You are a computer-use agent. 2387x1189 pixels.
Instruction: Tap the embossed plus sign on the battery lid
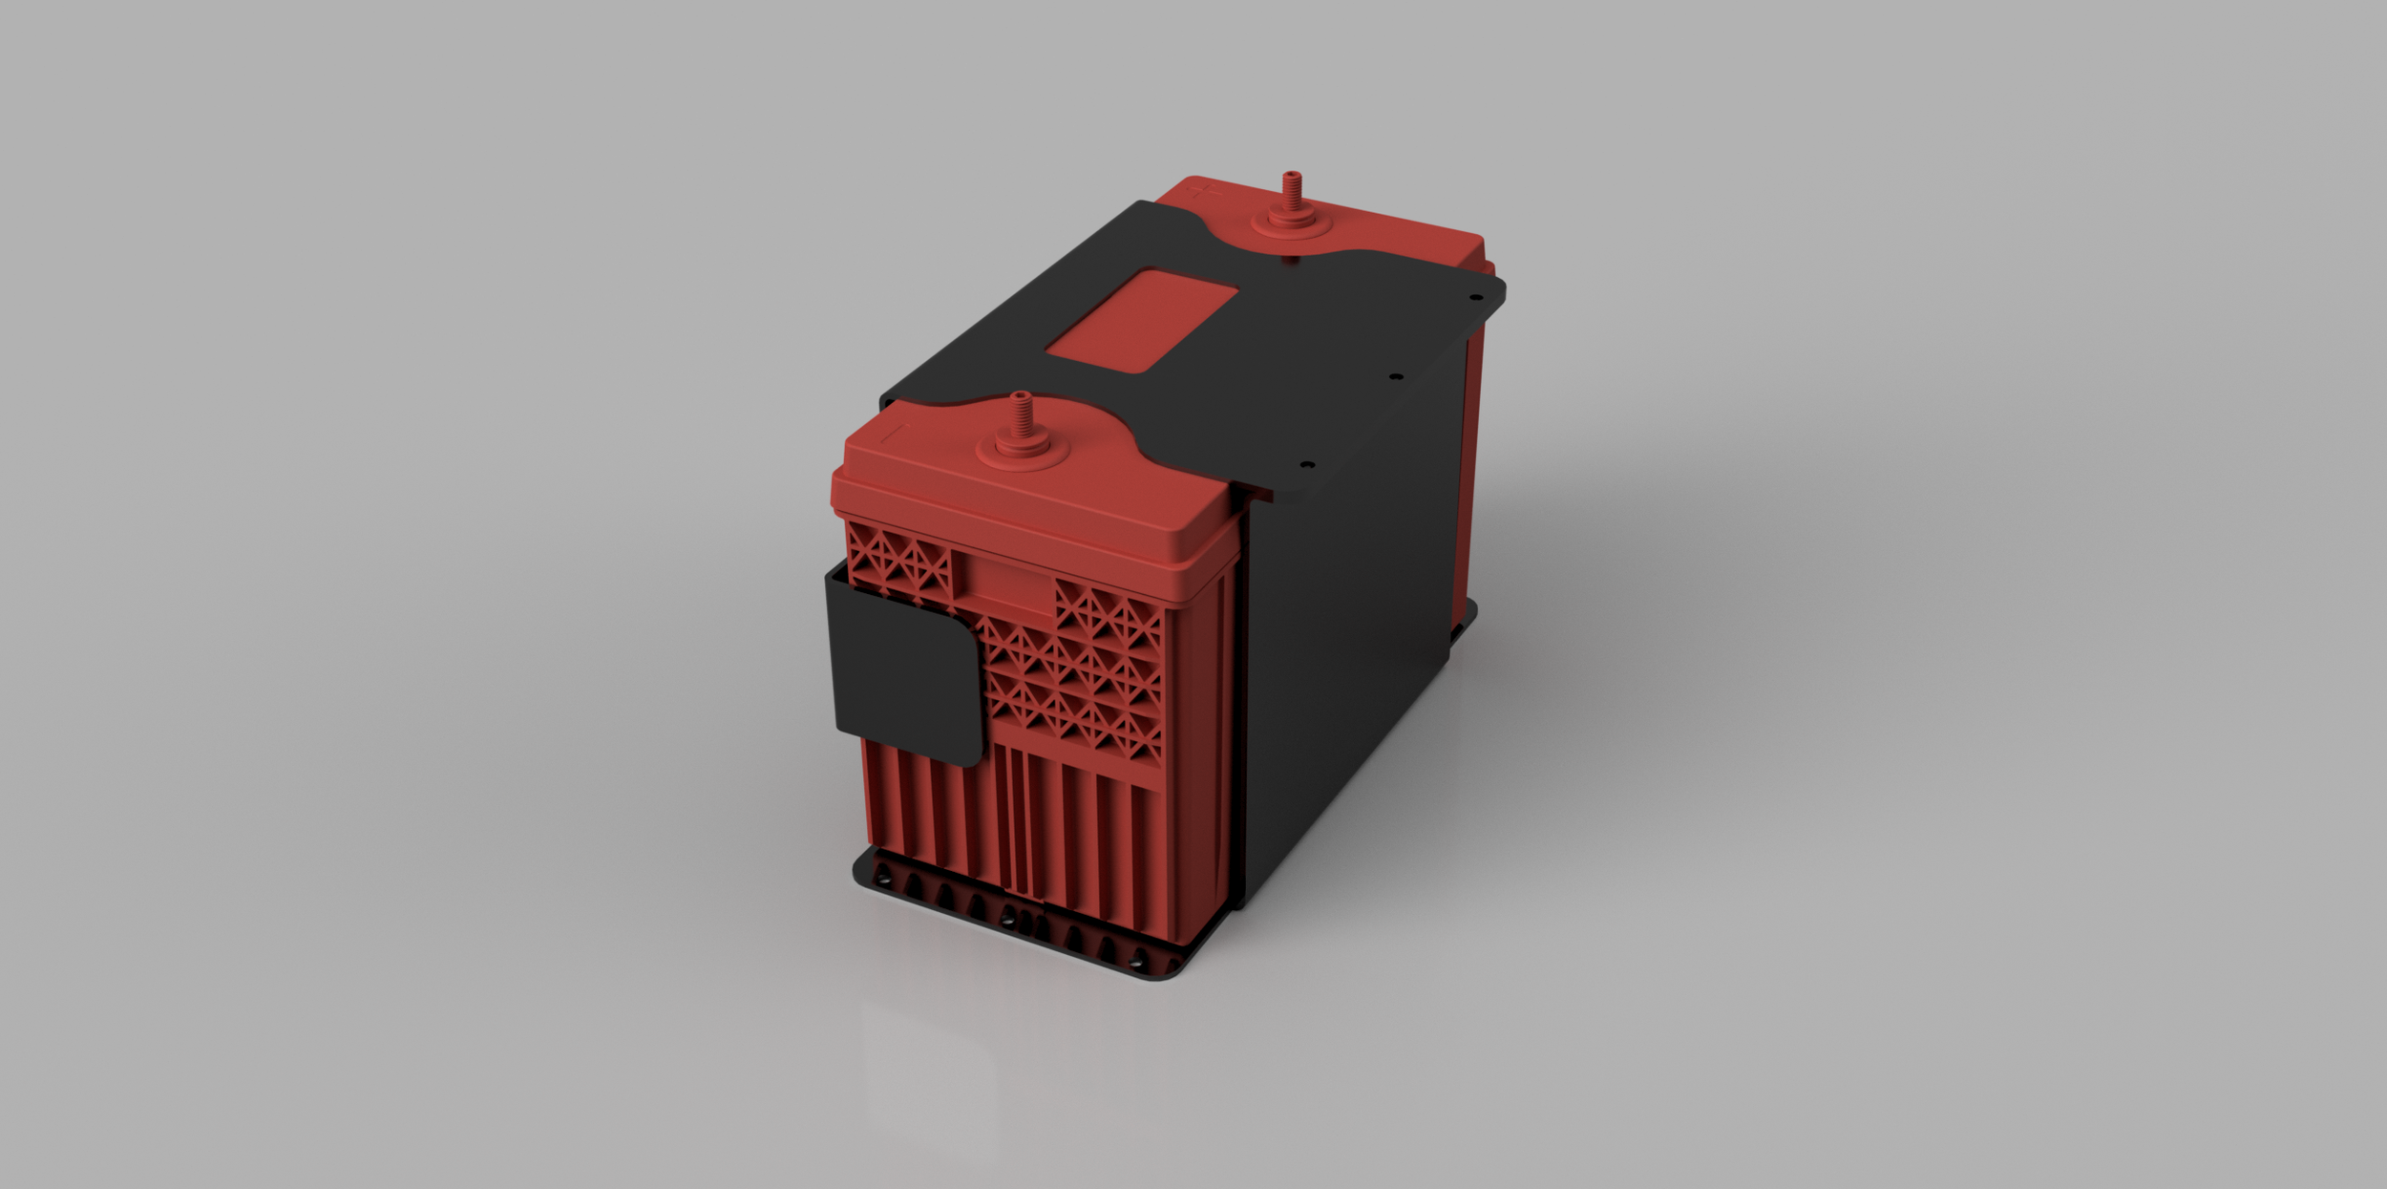[x=1204, y=193]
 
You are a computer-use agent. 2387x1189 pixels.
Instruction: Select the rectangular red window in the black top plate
[x=1142, y=320]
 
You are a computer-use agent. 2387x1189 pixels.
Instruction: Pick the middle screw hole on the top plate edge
[x=1395, y=377]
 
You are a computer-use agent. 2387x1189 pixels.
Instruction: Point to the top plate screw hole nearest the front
[x=1308, y=464]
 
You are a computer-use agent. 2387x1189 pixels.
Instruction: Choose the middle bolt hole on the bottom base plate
[x=1006, y=919]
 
